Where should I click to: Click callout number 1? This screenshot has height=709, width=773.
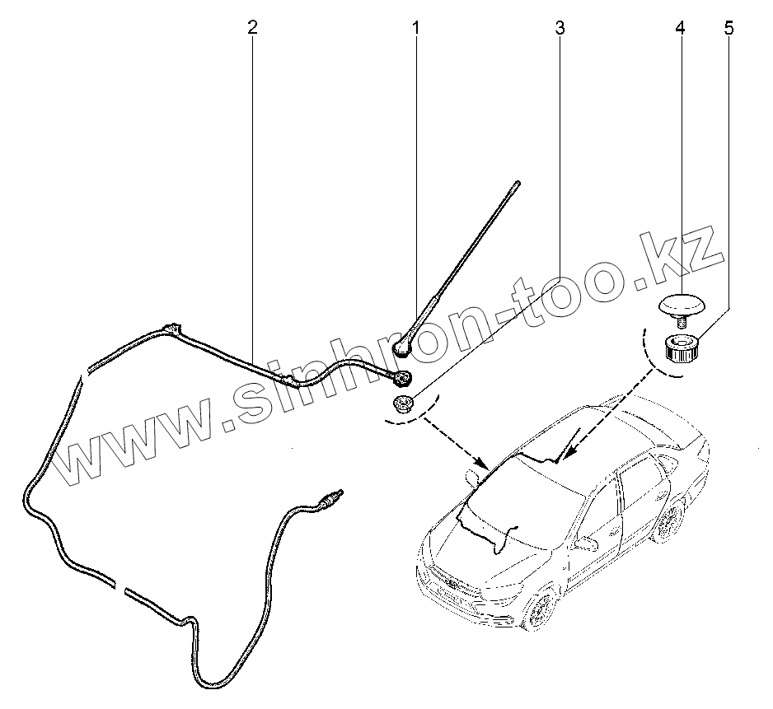(416, 27)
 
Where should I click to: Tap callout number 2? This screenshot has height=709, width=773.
(252, 27)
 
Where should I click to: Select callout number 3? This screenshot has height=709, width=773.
(560, 27)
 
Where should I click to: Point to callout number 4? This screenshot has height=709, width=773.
(680, 27)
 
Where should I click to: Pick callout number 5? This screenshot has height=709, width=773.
(728, 27)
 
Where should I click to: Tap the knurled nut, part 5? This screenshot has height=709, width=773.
(681, 350)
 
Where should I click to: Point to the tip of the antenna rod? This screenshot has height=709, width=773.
(518, 184)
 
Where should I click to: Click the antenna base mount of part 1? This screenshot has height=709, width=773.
(401, 347)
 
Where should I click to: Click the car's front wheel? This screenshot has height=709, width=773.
(539, 613)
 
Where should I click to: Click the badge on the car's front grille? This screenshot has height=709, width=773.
(452, 584)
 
